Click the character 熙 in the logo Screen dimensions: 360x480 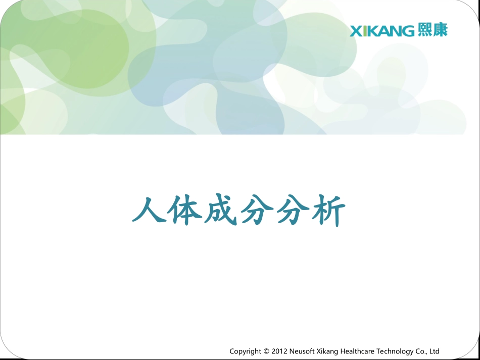point(425,30)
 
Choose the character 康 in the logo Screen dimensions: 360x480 point(440,30)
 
